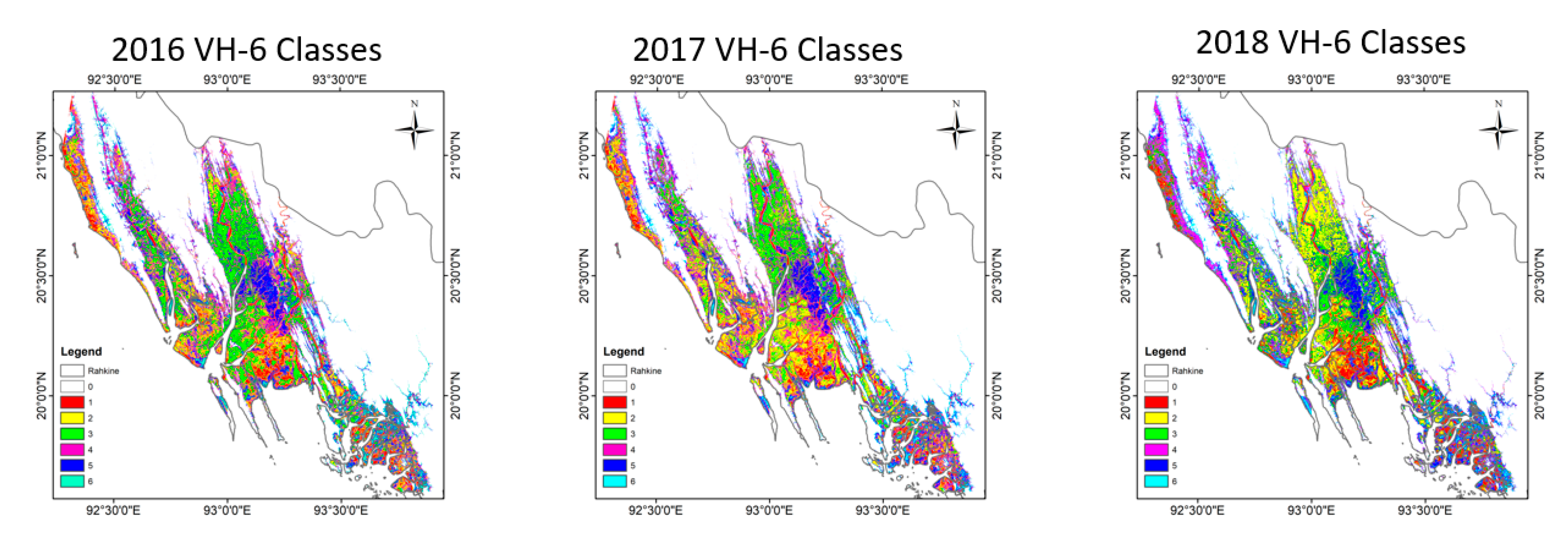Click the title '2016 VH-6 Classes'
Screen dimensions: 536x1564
tap(246, 50)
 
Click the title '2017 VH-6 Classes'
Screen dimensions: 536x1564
tap(768, 50)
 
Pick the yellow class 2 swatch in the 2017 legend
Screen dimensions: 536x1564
tap(615, 418)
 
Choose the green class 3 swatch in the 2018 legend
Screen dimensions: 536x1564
tap(1156, 434)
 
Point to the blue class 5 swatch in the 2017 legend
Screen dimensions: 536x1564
tap(615, 465)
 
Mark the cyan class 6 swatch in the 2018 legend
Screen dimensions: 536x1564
tap(1156, 481)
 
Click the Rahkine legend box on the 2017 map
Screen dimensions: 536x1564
tap(615, 370)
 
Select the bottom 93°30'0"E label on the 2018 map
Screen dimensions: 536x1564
tap(1424, 510)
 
